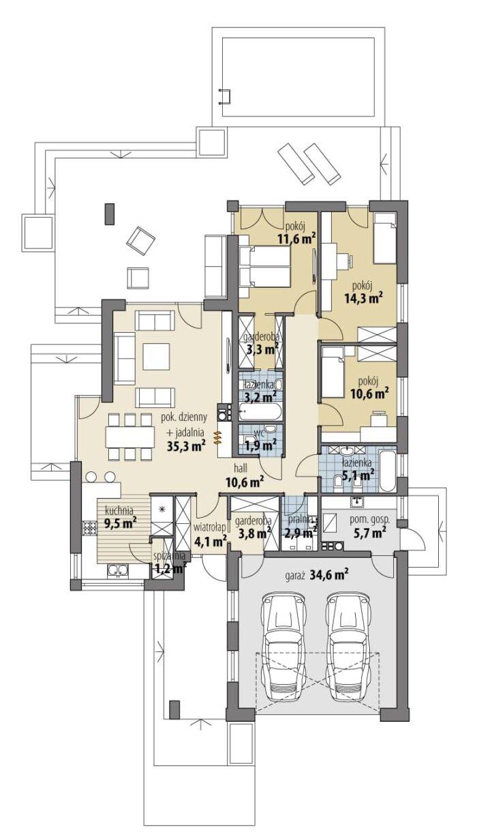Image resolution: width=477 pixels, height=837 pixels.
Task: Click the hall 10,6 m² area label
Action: click(245, 475)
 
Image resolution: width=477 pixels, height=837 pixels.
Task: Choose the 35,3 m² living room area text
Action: click(187, 445)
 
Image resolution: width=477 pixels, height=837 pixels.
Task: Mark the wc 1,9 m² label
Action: click(261, 440)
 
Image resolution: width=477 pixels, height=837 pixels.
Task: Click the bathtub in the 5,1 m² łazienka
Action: click(386, 471)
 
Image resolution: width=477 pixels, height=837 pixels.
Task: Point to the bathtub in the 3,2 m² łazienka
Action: click(260, 412)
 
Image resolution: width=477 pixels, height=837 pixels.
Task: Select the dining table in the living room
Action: click(130, 437)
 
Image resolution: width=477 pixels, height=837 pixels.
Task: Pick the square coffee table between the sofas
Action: click(157, 357)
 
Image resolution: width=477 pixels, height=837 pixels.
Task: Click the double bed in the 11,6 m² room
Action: click(264, 267)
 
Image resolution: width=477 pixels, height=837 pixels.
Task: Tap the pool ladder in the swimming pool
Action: click(225, 96)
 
